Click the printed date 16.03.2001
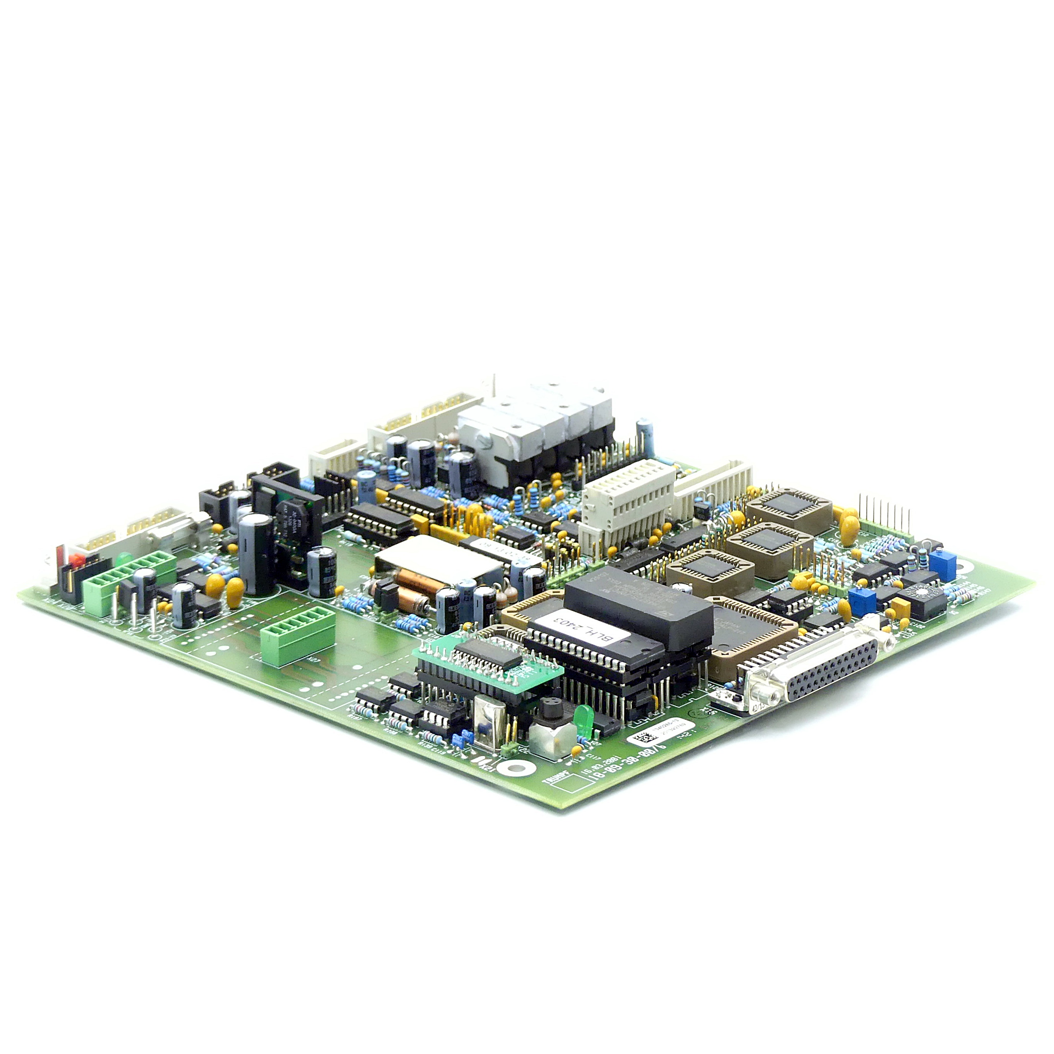click(601, 764)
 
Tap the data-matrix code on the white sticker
click(644, 740)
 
